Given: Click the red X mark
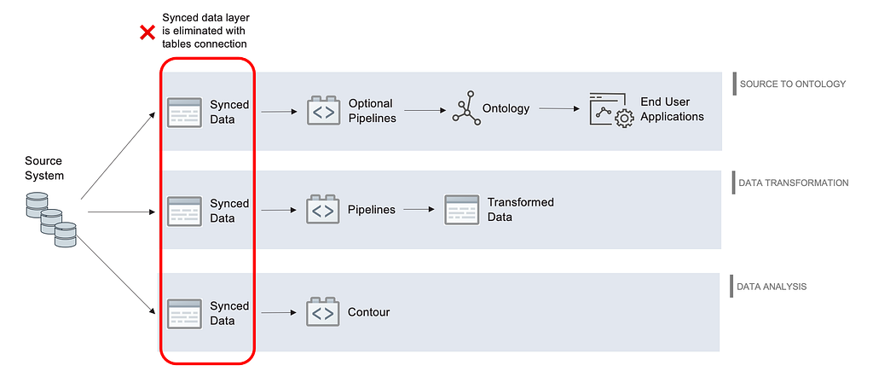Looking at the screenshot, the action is pyautogui.click(x=147, y=33).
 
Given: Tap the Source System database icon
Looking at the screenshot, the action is pyautogui.click(x=51, y=219).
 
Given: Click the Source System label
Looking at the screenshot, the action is pyautogui.click(x=44, y=168).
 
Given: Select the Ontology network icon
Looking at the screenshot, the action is pyautogui.click(x=466, y=108).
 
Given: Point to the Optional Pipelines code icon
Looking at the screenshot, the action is pyautogui.click(x=323, y=110).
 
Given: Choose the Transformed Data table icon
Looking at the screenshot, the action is pyautogui.click(x=461, y=210).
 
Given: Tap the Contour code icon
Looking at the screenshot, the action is pyautogui.click(x=323, y=312).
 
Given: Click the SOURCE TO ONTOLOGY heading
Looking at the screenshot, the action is pyautogui.click(x=793, y=84).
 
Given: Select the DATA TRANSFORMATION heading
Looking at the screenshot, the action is pyautogui.click(x=794, y=183).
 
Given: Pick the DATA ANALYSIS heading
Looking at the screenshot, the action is pyautogui.click(x=772, y=287).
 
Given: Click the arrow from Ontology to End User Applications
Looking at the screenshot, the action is pyautogui.click(x=559, y=108).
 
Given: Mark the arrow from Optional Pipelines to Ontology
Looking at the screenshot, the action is pyautogui.click(x=425, y=110).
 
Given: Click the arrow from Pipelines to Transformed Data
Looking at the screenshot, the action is pyautogui.click(x=419, y=210).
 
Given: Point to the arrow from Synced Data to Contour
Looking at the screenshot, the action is pyautogui.click(x=279, y=312).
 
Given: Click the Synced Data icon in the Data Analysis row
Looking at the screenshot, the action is pyautogui.click(x=184, y=314).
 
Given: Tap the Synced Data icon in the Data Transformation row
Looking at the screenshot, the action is pyautogui.click(x=184, y=211).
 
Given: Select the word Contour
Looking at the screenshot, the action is pyautogui.click(x=368, y=312).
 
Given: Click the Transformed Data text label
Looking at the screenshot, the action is pyautogui.click(x=521, y=209).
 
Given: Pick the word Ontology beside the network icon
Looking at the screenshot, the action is pyautogui.click(x=506, y=108).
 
